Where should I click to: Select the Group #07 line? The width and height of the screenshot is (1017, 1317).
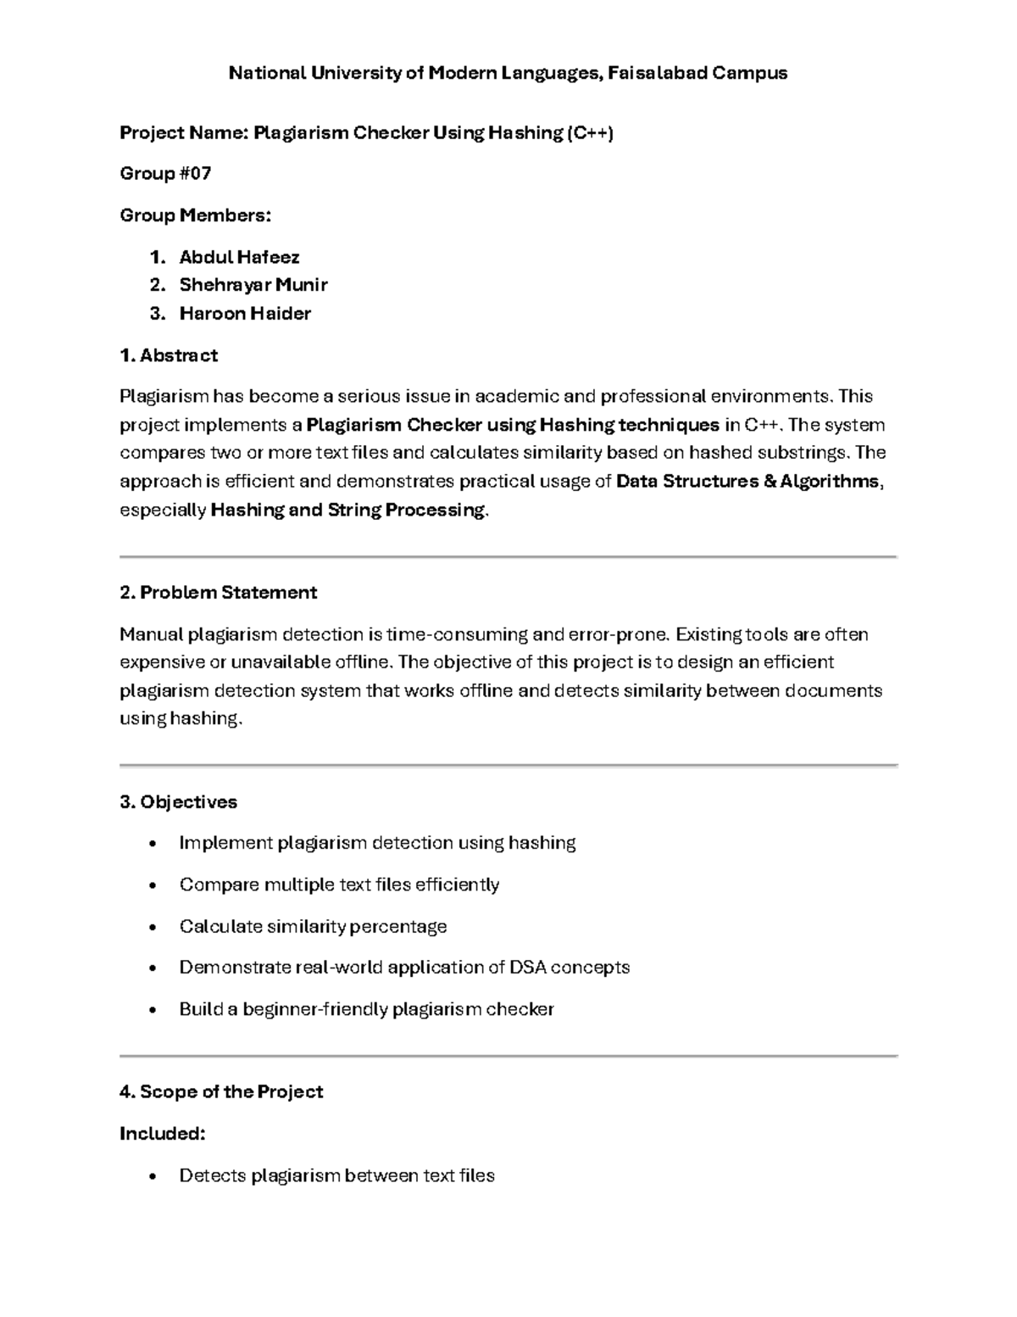(165, 174)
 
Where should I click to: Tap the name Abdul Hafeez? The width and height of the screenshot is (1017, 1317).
(239, 257)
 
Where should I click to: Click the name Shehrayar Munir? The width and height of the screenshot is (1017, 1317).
(253, 285)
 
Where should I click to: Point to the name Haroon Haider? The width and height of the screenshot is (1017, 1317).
(245, 314)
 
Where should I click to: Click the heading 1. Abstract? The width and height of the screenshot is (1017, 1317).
(169, 355)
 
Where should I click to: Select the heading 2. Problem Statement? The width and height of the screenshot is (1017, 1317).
(219, 593)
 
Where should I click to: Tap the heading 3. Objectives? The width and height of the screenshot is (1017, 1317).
(178, 802)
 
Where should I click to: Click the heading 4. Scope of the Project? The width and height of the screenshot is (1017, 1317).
(221, 1092)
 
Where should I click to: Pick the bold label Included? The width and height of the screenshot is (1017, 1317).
(163, 1134)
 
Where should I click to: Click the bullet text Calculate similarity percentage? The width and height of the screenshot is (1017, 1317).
(313, 926)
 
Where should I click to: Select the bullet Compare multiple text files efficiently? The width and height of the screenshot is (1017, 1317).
(339, 885)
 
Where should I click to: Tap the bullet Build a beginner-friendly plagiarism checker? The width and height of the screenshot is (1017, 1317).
(366, 1009)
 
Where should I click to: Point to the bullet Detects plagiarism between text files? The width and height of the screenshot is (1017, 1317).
(336, 1175)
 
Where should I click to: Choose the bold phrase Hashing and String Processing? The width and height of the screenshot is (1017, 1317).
(348, 510)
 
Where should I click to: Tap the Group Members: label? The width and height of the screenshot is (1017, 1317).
(196, 215)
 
